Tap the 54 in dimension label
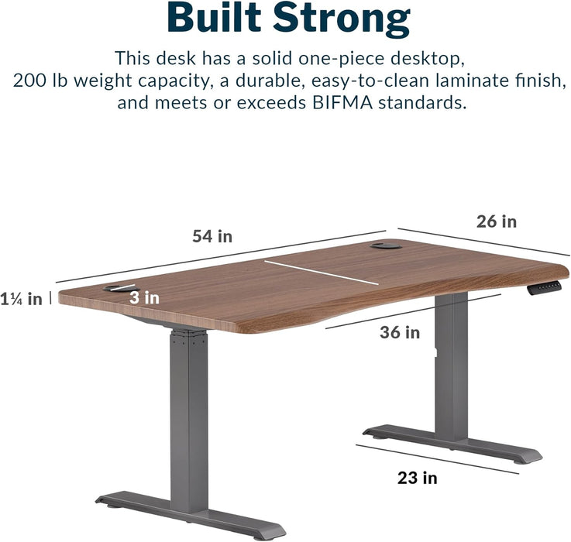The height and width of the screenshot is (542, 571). point(212,236)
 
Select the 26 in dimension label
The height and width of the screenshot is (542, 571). point(496,221)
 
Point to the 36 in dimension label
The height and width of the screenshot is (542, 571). point(400,332)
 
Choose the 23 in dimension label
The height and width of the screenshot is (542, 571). point(418,478)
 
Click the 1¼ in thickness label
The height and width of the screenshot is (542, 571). point(22,299)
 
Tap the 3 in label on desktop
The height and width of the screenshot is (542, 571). point(145,297)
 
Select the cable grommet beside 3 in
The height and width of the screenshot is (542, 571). point(117,288)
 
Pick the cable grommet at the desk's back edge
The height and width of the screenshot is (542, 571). point(385,247)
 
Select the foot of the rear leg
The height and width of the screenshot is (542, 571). point(453,444)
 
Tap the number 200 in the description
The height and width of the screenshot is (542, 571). point(29,80)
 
